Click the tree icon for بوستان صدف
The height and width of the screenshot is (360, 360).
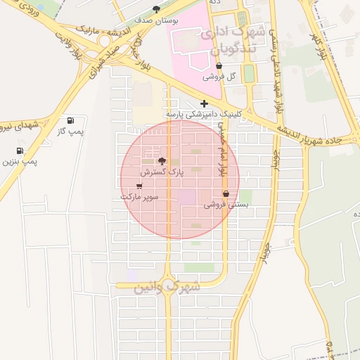point(156,9)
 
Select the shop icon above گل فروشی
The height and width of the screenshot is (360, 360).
point(219,65)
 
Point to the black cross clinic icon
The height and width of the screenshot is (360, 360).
point(204,103)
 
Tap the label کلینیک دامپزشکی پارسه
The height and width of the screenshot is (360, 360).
point(203,113)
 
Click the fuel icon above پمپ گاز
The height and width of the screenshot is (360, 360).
point(70,120)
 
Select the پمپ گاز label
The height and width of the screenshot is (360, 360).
point(70,131)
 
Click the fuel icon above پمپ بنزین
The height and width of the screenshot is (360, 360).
point(19,150)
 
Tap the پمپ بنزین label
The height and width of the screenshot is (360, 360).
point(20,162)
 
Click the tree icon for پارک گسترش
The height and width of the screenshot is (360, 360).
point(162,161)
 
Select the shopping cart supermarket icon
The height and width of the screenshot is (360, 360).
point(139,186)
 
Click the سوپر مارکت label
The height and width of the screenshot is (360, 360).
point(139,198)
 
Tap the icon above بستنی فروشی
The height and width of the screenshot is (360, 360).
point(226,194)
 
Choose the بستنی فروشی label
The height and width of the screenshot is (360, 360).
point(226,205)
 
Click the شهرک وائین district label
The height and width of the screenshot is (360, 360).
point(157,287)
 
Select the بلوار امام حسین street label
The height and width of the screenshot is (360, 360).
point(223,149)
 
